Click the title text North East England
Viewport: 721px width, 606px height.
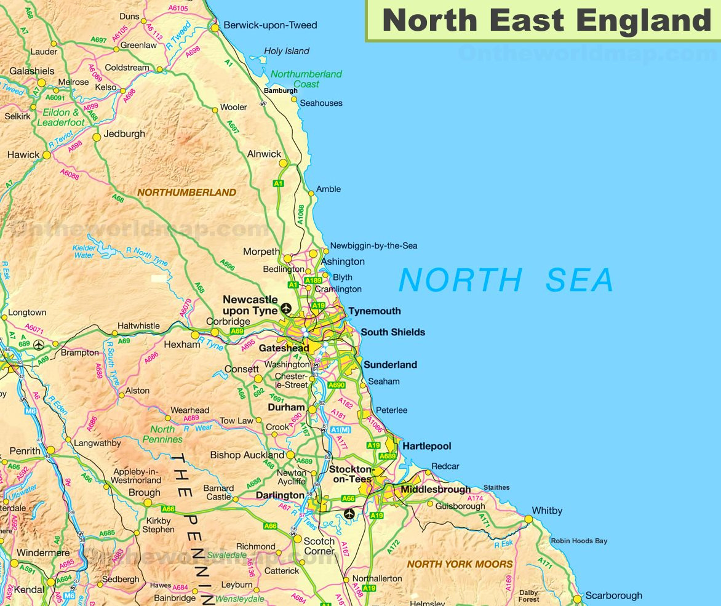(546, 20)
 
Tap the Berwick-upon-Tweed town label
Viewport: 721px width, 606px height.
(270, 25)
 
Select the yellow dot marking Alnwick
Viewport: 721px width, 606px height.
(283, 163)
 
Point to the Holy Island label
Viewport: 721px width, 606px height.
(287, 51)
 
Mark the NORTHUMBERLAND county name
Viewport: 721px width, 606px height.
(186, 193)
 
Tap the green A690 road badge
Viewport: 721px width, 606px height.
(337, 385)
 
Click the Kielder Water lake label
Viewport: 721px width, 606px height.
(84, 252)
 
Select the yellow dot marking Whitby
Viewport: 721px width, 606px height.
(528, 519)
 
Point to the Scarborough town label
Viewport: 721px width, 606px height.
(613, 596)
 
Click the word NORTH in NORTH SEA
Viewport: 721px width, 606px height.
(460, 281)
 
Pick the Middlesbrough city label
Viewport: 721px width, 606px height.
(436, 490)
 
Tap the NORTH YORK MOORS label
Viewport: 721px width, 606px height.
(460, 564)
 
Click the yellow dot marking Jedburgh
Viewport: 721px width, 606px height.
(97, 137)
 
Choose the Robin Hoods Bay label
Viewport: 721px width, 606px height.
(578, 541)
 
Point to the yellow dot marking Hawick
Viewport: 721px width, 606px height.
(47, 155)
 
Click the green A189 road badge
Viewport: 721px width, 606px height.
(313, 280)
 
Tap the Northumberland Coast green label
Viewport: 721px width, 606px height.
(306, 79)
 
